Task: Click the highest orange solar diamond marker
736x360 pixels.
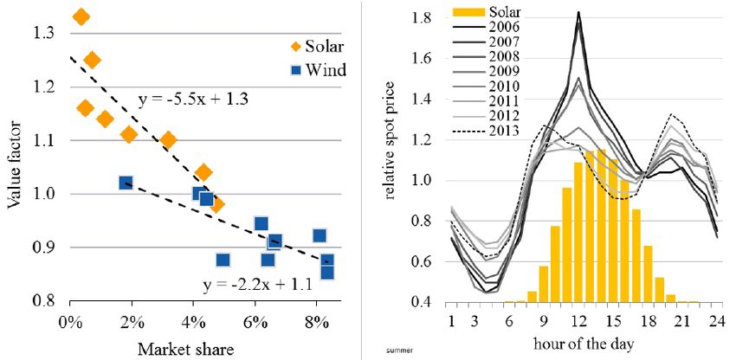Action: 81,16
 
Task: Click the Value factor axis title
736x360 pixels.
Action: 15,164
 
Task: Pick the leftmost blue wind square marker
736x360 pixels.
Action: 126,183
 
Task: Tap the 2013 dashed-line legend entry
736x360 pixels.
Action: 500,132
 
